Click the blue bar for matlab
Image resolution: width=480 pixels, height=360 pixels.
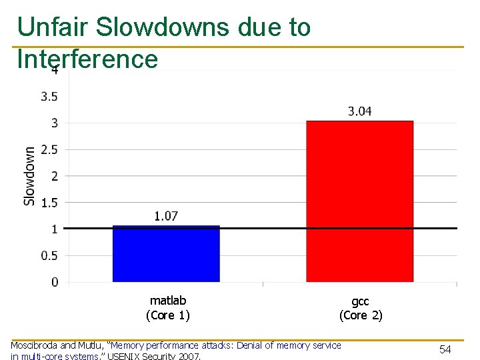tap(166, 254)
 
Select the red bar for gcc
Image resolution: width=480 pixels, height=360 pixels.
tap(359, 201)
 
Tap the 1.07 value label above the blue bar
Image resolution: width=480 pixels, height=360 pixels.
tap(166, 216)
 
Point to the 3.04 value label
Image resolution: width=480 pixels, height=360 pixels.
tap(360, 111)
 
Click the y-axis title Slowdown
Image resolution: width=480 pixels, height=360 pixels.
tap(30, 176)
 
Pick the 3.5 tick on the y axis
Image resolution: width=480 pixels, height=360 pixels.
tap(49, 97)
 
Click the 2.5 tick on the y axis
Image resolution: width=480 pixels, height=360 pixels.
tap(49, 149)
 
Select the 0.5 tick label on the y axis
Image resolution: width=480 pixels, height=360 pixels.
tap(49, 255)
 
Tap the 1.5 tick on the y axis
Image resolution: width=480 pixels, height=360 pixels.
tap(49, 203)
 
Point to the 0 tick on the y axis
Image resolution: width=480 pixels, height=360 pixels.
tap(55, 282)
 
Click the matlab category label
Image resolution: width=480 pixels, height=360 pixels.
tap(168, 301)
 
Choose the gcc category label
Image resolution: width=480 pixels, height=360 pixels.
tap(361, 301)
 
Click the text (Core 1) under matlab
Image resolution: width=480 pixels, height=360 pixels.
tap(168, 315)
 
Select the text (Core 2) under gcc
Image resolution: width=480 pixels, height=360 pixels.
tap(361, 315)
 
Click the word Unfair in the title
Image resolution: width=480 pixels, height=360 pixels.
tap(53, 27)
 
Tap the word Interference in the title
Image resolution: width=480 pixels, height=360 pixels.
tap(87, 59)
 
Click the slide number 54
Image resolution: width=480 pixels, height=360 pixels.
tap(445, 349)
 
